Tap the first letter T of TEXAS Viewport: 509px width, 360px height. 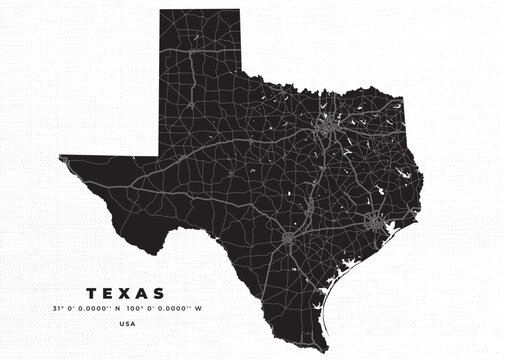pos(91,293)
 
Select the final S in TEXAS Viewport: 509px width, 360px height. pos(162,293)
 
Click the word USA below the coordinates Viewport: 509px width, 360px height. pos(127,324)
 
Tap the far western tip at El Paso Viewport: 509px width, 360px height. pos(61,157)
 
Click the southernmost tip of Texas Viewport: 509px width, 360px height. pos(328,335)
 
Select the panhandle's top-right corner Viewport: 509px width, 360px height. pos(240,10)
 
